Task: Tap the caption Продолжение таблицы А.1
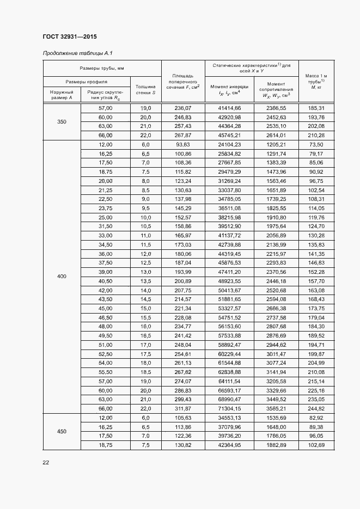[x=77, y=53]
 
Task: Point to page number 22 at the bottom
[x=46, y=462]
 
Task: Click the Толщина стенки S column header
[x=145, y=89]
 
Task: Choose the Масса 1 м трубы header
[x=316, y=81]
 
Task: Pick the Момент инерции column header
[x=229, y=89]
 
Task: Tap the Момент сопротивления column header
[x=276, y=89]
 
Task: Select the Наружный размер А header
[x=62, y=95]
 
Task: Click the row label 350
[x=62, y=121]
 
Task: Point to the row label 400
[x=62, y=277]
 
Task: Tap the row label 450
[x=62, y=431]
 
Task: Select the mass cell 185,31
[x=316, y=108]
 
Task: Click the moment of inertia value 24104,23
[x=229, y=144]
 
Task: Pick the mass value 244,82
[x=316, y=408]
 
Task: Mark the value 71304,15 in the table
[x=229, y=408]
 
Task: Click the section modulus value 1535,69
[x=276, y=418]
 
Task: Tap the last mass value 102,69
[x=316, y=445]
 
